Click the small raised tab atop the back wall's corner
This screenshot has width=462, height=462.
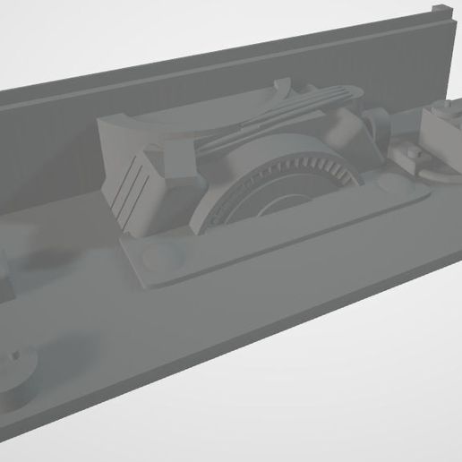pyautogui.click(x=439, y=11)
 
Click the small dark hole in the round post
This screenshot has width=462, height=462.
pyautogui.click(x=15, y=358)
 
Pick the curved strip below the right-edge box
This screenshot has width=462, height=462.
pyautogui.click(x=439, y=170)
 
